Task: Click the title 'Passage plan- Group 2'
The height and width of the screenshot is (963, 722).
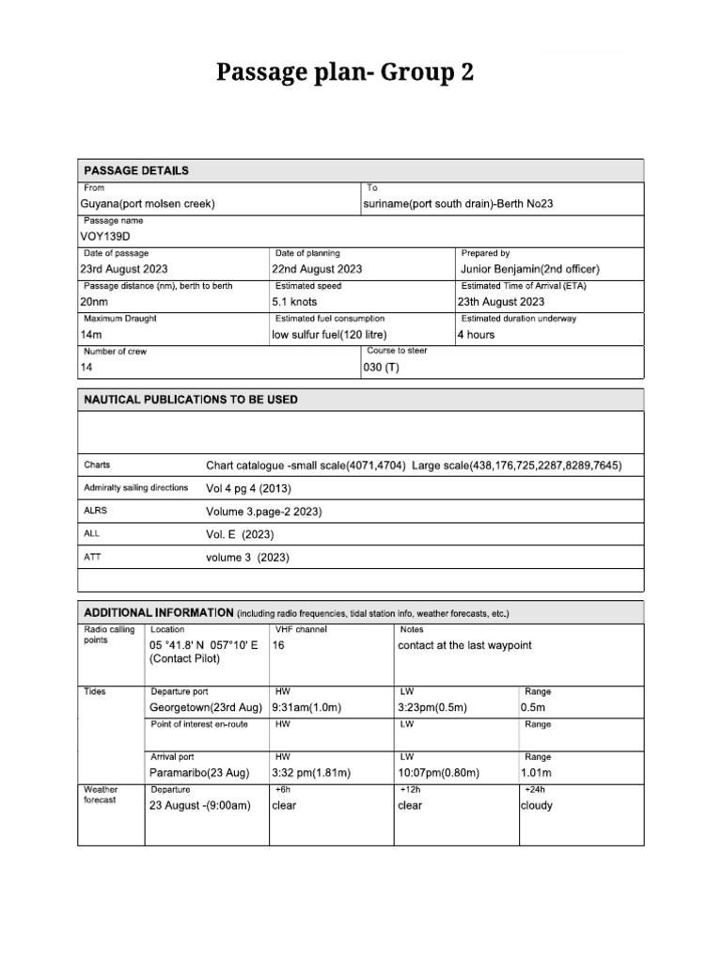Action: (x=346, y=73)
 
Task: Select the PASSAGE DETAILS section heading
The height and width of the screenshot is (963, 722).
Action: (x=136, y=171)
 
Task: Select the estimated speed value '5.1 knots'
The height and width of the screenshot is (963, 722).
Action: (x=294, y=302)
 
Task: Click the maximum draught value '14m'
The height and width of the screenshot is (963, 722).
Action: (x=91, y=335)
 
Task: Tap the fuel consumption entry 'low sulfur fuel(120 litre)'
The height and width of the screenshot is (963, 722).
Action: (x=329, y=335)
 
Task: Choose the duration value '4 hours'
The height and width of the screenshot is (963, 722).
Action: (x=476, y=335)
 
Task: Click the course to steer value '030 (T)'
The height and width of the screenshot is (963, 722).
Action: (x=381, y=368)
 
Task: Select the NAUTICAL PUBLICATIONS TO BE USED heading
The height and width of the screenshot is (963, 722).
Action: (x=191, y=400)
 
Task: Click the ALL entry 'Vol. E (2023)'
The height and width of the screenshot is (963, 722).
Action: (x=240, y=534)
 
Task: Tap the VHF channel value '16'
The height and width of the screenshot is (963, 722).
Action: (x=278, y=646)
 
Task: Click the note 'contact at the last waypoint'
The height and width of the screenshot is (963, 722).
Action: (x=470, y=646)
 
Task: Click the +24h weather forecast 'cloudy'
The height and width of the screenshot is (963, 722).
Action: (x=537, y=806)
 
